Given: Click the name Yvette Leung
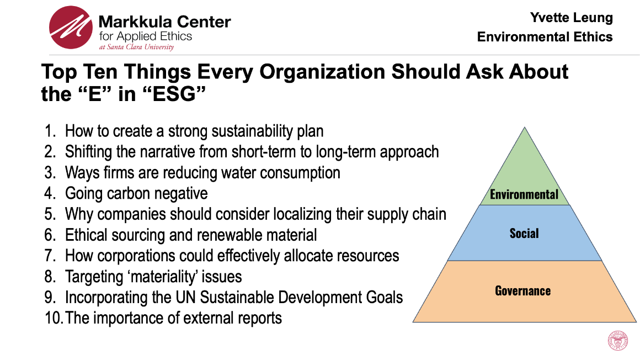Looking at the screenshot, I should (x=571, y=18).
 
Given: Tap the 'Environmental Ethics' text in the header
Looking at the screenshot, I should (x=545, y=37).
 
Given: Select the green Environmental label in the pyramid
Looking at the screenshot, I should (x=524, y=194).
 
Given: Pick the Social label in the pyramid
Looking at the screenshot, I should (x=524, y=233).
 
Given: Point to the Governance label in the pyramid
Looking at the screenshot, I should (x=522, y=290).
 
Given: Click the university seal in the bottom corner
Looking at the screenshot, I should (x=617, y=340).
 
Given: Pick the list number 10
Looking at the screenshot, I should (x=54, y=318).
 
